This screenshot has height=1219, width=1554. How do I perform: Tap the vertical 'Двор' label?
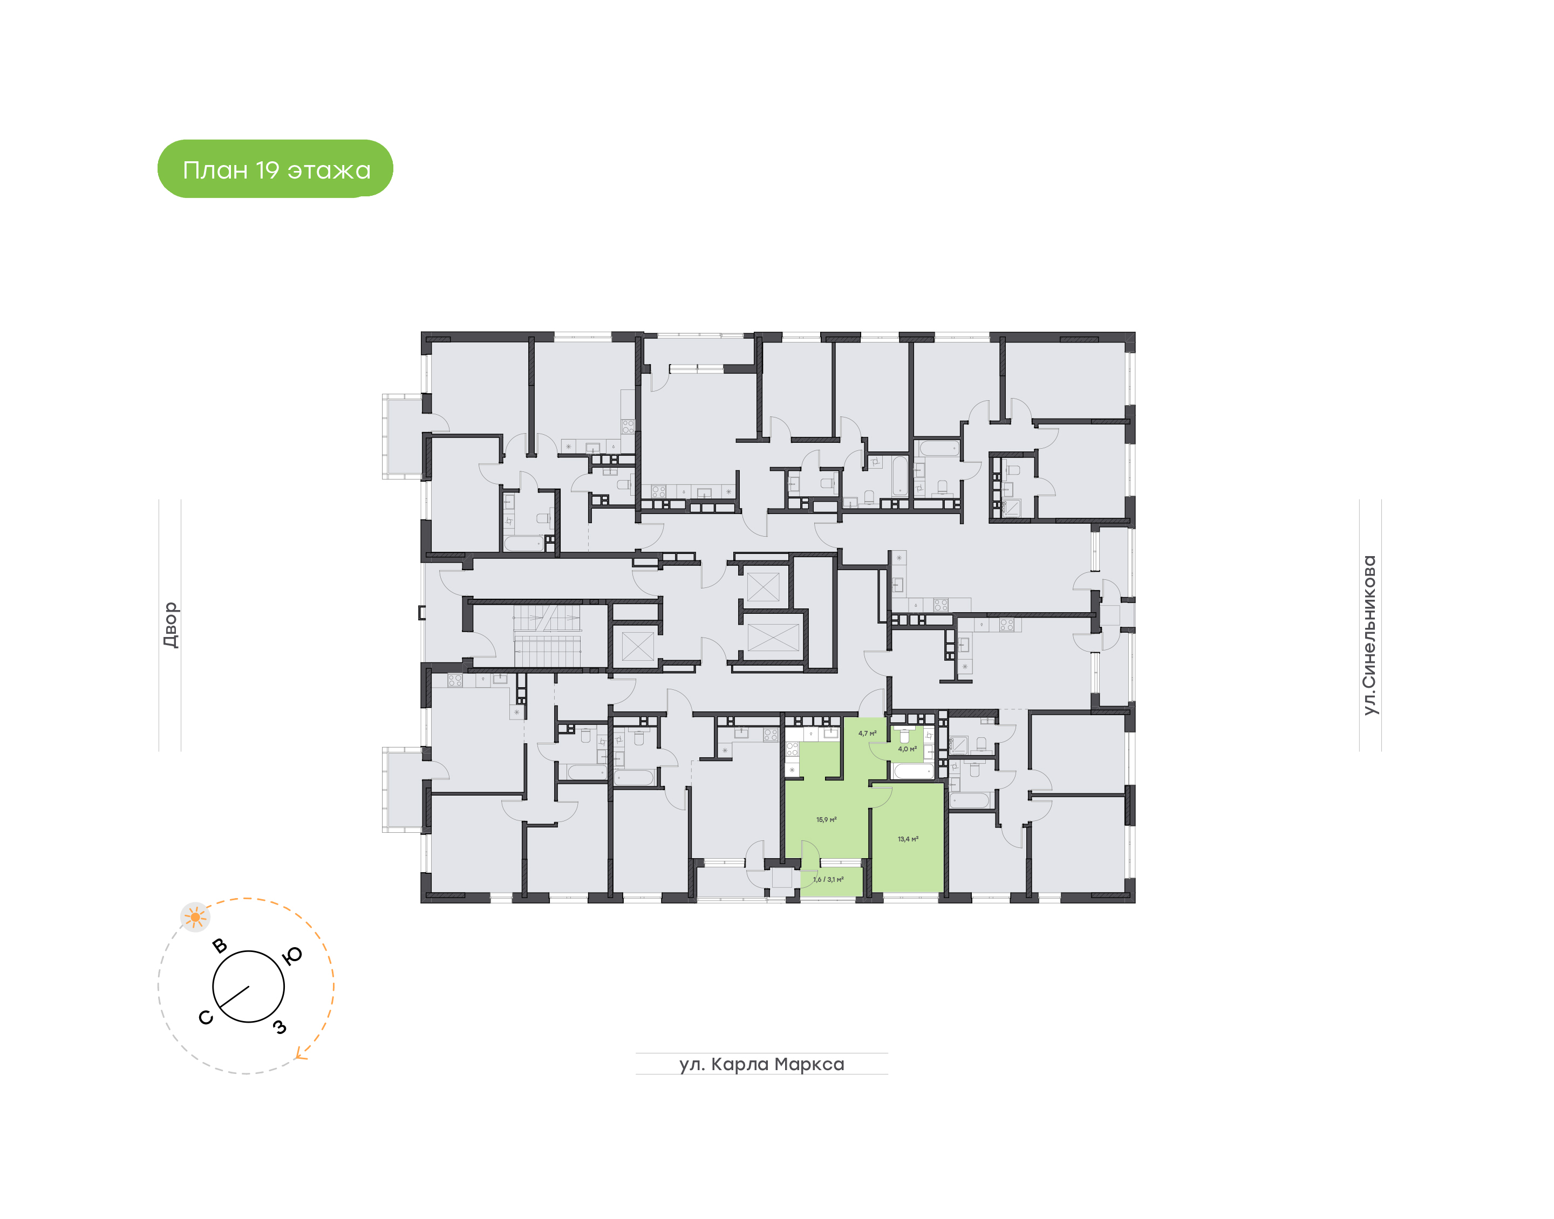click(170, 625)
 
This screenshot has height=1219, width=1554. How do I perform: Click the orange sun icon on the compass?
click(195, 917)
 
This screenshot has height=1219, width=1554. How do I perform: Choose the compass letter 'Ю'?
click(292, 956)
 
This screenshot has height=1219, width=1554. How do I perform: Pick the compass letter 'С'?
click(206, 1018)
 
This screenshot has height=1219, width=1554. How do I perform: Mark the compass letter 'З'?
click(280, 1027)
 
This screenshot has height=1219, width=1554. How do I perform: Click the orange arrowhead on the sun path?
click(302, 1055)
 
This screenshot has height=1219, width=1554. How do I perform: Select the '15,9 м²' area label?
click(826, 819)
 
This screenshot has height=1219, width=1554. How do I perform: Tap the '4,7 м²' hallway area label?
click(867, 733)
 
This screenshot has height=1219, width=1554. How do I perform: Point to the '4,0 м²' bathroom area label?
click(906, 749)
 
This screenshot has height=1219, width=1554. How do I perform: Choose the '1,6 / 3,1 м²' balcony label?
click(828, 879)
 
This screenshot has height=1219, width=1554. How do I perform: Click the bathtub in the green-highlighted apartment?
click(912, 771)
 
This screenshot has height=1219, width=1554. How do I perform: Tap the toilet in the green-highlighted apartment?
click(904, 735)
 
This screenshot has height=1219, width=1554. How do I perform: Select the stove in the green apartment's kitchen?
click(792, 749)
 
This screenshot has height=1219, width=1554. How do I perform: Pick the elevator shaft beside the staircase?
click(637, 646)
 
